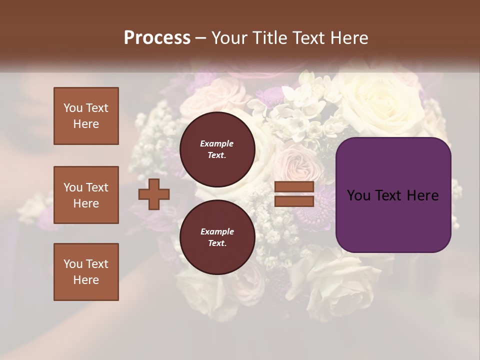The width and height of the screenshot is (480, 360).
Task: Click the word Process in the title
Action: click(x=157, y=38)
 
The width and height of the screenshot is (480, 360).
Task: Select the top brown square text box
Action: click(x=86, y=116)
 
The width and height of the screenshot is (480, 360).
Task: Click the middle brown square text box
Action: click(x=86, y=195)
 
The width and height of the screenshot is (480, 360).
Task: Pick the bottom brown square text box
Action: click(x=86, y=272)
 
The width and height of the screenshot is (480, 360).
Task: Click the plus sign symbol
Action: click(x=154, y=194)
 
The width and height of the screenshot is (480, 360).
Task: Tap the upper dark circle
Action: click(x=217, y=149)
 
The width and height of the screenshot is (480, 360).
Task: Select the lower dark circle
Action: click(x=217, y=237)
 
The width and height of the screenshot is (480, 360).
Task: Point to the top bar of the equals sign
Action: click(x=294, y=187)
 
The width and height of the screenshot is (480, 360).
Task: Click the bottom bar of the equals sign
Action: click(x=294, y=201)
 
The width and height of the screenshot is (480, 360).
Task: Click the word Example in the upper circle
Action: click(x=217, y=143)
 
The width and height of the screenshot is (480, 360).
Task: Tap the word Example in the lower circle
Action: click(x=217, y=231)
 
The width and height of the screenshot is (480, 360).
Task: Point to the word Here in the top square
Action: click(x=86, y=124)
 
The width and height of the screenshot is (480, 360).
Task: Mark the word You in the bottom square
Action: click(x=73, y=264)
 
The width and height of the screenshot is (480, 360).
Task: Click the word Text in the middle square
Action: click(x=97, y=187)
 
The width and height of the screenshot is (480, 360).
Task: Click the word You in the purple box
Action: click(x=358, y=195)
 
